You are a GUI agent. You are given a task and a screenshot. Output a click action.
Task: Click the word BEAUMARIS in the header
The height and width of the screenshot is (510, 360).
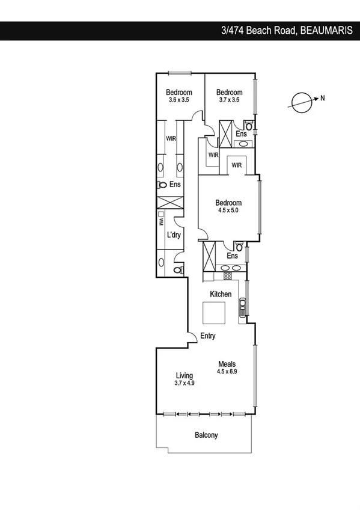click(x=326, y=31)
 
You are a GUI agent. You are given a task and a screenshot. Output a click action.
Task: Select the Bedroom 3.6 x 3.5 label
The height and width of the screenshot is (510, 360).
click(x=179, y=96)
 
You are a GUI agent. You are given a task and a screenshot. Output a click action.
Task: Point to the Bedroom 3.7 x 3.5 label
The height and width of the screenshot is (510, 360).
click(x=229, y=96)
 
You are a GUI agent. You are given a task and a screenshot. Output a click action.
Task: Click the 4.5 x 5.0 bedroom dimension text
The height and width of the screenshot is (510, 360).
click(x=228, y=211)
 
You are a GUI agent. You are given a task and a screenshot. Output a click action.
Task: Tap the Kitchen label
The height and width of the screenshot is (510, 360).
click(x=221, y=294)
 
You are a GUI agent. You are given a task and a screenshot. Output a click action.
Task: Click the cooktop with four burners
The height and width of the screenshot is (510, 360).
click(x=228, y=276)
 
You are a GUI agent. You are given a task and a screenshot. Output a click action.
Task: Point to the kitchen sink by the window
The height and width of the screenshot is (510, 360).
click(x=242, y=307)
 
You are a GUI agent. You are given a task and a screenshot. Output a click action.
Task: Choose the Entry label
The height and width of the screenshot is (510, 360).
click(x=208, y=336)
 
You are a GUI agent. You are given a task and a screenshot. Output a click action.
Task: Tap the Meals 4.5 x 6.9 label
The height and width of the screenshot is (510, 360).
click(x=227, y=367)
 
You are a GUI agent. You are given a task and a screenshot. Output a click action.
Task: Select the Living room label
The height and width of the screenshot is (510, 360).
click(x=185, y=379)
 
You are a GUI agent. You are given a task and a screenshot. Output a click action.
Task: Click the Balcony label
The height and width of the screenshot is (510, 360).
click(x=206, y=435)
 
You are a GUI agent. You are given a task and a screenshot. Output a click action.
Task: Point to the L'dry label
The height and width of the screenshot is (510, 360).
click(x=174, y=235)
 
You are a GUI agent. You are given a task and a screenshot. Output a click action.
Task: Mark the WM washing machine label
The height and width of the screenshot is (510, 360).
click(x=162, y=222)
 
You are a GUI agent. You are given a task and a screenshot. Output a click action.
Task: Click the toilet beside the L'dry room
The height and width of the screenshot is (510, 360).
click(x=177, y=271)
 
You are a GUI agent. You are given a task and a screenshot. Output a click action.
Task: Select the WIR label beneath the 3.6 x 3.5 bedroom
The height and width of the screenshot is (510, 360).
click(x=171, y=138)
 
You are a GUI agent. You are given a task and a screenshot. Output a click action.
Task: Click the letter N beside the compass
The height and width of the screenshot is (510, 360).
click(x=322, y=99)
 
